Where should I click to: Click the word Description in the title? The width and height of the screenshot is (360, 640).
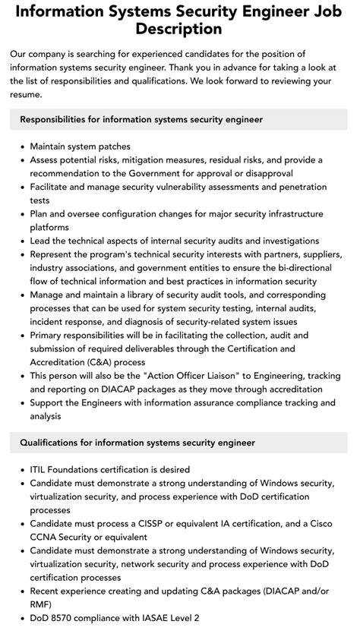tap(180, 30)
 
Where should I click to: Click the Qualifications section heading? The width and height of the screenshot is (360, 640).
tap(137, 442)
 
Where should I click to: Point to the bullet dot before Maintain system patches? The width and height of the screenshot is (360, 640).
tap(21, 147)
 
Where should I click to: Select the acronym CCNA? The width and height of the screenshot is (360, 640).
tap(46, 538)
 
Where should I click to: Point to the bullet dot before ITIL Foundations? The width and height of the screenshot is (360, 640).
tap(21, 469)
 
